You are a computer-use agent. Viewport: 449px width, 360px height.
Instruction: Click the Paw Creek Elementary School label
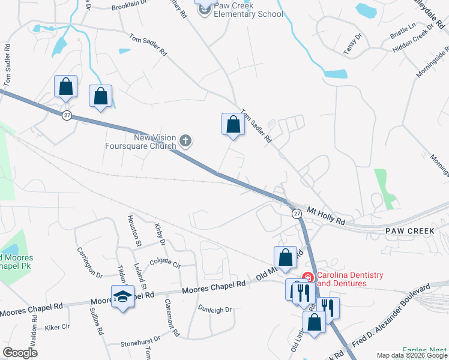(246, 10)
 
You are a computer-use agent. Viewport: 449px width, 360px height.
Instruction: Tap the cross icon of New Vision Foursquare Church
(186, 142)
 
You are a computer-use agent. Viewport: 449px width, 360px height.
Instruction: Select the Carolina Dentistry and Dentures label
(350, 280)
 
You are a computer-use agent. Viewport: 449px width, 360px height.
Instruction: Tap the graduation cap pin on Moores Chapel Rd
(123, 296)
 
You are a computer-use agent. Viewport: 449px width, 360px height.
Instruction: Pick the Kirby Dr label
(159, 235)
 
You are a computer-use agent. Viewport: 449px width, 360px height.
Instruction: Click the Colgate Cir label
(164, 262)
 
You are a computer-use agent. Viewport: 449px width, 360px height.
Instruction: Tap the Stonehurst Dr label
(140, 339)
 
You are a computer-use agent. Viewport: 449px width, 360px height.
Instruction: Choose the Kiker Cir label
(58, 328)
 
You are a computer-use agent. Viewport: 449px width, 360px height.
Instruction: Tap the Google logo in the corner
(20, 353)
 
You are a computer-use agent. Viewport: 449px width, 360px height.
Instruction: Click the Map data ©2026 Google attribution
(411, 355)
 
